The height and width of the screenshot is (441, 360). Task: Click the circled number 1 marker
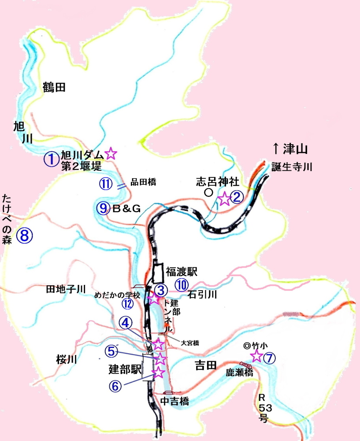click(x=52, y=159)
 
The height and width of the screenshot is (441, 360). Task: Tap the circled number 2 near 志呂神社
click(x=237, y=198)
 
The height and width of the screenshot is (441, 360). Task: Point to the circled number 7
click(x=269, y=358)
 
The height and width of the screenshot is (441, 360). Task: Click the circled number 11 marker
click(x=106, y=184)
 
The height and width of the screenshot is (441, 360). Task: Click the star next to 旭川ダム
click(x=111, y=154)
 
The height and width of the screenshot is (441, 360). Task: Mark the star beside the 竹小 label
click(x=256, y=356)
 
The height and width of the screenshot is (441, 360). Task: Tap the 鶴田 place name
click(x=54, y=87)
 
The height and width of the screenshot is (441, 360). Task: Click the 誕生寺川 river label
click(x=291, y=168)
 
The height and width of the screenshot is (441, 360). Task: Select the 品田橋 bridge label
click(x=144, y=181)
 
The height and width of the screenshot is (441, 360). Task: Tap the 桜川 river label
click(x=67, y=359)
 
